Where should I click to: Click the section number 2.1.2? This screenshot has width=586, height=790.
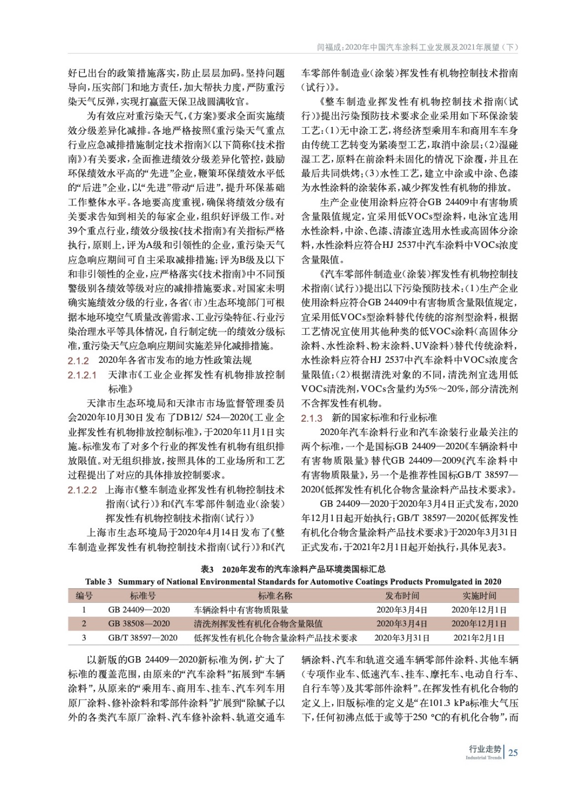[78, 360]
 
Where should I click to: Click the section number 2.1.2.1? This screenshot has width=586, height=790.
[82, 375]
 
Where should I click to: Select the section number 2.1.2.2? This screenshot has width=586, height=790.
[82, 490]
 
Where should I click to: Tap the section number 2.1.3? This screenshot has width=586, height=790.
[312, 418]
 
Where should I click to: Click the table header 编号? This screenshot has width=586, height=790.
[84, 595]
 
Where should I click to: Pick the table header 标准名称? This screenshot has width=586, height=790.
[275, 595]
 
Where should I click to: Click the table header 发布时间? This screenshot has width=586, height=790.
[402, 595]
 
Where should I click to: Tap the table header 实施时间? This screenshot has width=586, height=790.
[479, 595]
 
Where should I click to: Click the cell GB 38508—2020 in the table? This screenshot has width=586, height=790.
[139, 624]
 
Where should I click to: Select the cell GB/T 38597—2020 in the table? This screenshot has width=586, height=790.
[143, 638]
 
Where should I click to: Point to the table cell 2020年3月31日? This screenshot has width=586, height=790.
[402, 638]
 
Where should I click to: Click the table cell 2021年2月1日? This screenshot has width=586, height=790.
[479, 638]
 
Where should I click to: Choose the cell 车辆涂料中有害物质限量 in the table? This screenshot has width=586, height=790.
[241, 610]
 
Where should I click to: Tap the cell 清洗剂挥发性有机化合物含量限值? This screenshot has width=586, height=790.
[258, 624]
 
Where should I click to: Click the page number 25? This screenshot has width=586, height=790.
[513, 752]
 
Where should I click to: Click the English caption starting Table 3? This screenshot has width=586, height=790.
[293, 582]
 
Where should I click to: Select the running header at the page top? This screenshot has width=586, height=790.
[417, 47]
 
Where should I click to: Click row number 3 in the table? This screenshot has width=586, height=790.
[84, 638]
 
